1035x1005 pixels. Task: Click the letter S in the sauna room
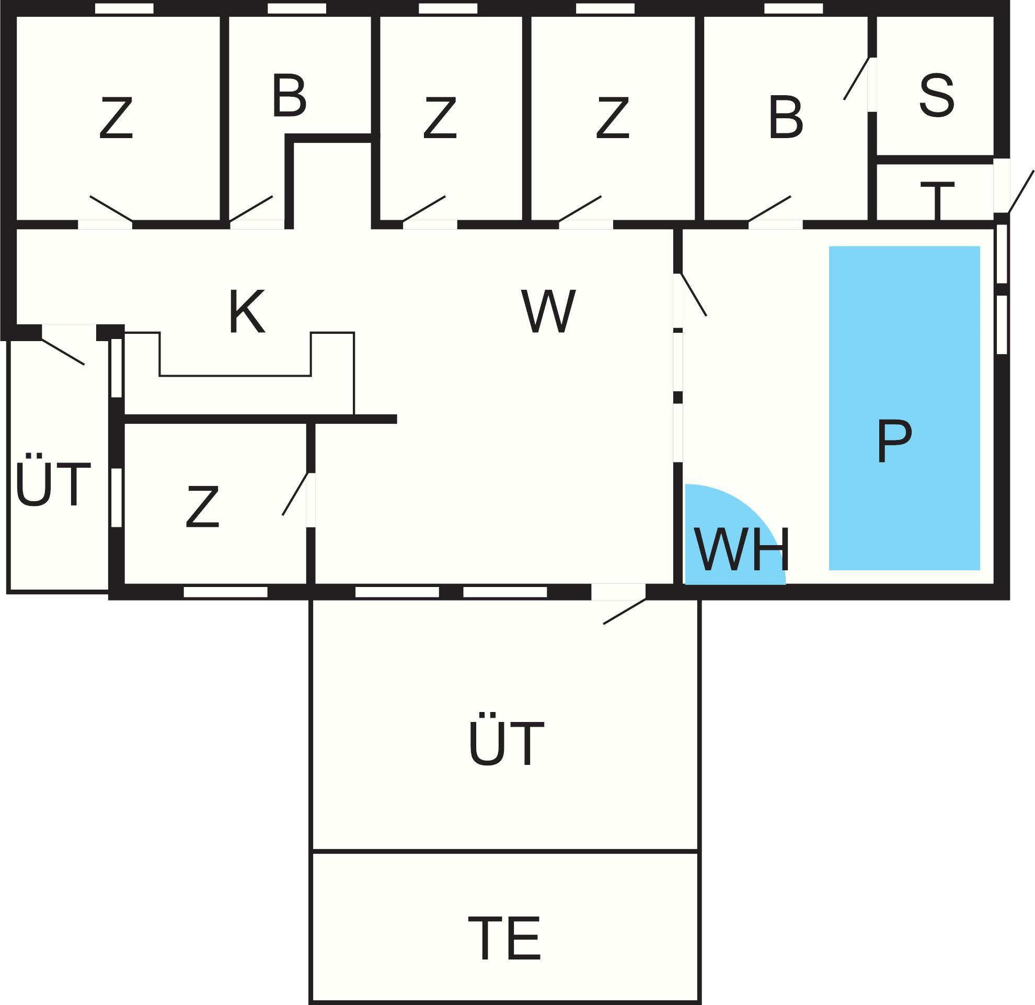pyautogui.click(x=936, y=96)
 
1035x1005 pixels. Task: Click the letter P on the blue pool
pyautogui.click(x=894, y=441)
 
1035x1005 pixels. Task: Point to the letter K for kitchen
pyautogui.click(x=247, y=312)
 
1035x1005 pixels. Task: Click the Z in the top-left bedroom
pyautogui.click(x=116, y=118)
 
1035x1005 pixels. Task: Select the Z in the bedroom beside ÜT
pyautogui.click(x=202, y=507)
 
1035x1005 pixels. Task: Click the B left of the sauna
pyautogui.click(x=786, y=118)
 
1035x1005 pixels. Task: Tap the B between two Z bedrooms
pyautogui.click(x=289, y=96)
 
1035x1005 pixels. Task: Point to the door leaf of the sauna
pyautogui.click(x=856, y=78)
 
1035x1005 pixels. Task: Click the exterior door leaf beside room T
pyautogui.click(x=1020, y=192)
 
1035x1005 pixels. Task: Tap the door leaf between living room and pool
pyautogui.click(x=694, y=295)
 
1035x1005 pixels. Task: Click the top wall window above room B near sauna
pyautogui.click(x=793, y=9)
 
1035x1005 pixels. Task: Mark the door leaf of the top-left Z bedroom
pyautogui.click(x=111, y=209)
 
